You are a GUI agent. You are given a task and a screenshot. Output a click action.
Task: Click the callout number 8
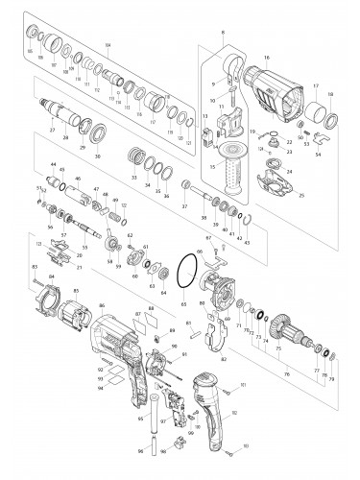(x=222, y=35)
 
